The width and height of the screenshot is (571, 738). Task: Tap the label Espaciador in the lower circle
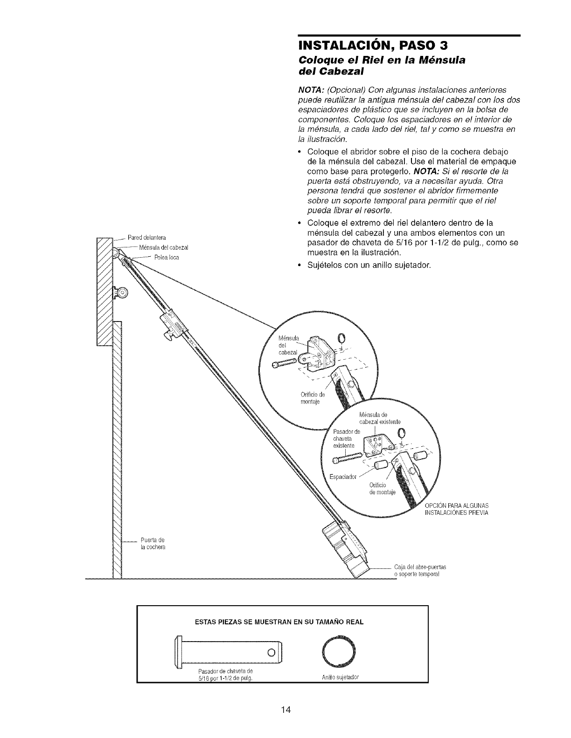[x=343, y=477]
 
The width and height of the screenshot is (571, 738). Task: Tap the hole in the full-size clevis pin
[x=270, y=650]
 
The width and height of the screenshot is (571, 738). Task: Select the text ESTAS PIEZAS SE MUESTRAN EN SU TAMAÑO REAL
[x=279, y=622]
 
